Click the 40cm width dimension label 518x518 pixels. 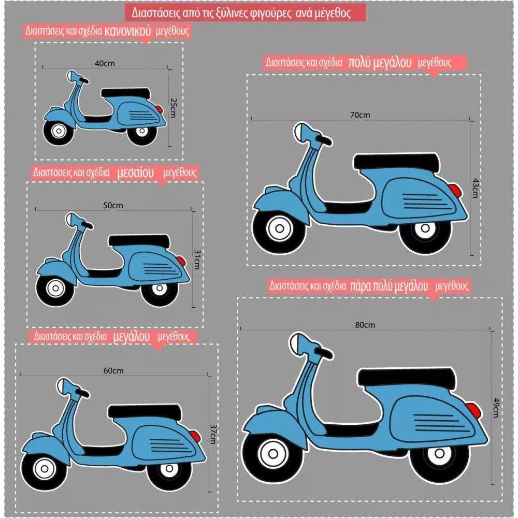105,63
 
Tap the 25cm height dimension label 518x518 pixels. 173,108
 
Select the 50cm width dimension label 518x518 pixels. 113,205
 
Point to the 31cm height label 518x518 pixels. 196,260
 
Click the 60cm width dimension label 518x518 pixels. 113,371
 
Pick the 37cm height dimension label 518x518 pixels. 213,434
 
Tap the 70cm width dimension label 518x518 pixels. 360,115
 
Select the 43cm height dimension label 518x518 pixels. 475,188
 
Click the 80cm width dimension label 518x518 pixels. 365,325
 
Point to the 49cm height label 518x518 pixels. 496,408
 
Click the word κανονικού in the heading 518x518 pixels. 127,31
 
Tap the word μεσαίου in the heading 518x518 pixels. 135,172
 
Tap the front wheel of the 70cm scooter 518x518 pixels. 279,228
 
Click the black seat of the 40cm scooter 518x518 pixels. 125,93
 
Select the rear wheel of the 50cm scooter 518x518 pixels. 160,289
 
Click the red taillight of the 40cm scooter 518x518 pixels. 159,109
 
